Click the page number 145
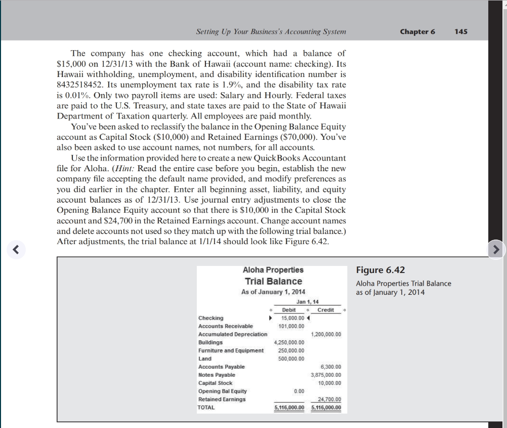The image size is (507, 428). coord(461,31)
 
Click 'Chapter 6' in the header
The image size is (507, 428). coord(417,31)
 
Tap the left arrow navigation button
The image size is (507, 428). coord(16,249)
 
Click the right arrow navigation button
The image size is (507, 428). coord(496,249)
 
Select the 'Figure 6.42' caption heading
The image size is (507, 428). coord(381,270)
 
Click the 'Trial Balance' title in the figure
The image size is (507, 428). coord(273,281)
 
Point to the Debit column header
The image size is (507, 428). coord(288,309)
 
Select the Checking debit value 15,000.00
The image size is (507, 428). coord(292,318)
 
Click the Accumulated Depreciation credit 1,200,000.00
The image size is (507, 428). coord(325,334)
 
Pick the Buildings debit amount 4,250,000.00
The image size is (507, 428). coord(289,342)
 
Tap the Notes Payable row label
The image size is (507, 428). coord(217,375)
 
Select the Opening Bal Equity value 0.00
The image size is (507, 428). coord(299,391)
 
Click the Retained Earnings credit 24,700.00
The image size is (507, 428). coord(330,399)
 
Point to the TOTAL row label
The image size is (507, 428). coord(206,407)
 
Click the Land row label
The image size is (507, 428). coord(205,359)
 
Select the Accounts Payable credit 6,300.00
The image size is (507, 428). coord(331,367)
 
